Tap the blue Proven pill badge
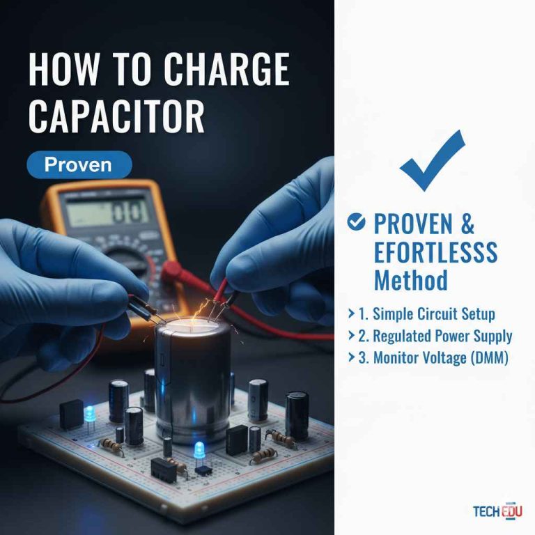(x=78, y=164)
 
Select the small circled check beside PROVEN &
(x=356, y=222)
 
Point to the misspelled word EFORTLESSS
(x=435, y=252)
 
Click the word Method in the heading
(x=410, y=280)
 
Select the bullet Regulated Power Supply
(x=435, y=336)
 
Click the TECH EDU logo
(x=497, y=511)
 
